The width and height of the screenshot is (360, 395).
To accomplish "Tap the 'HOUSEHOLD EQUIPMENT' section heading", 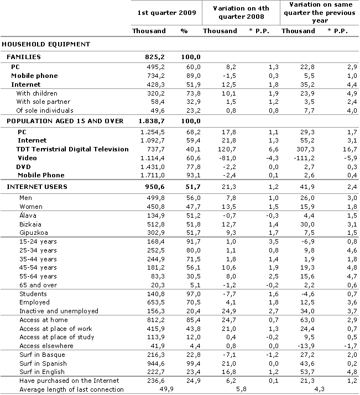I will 46,44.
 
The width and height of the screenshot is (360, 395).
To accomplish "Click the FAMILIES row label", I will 23,57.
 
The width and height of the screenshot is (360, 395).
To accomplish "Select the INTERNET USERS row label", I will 36,187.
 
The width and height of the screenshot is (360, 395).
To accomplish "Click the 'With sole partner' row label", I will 43,102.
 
